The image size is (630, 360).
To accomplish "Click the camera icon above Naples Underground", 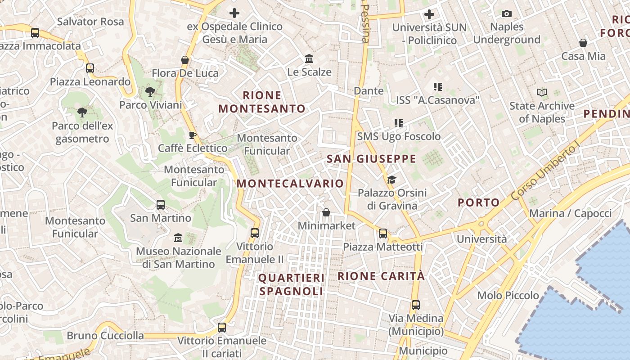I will point(507,14).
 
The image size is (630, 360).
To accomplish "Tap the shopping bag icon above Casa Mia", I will point(583,43).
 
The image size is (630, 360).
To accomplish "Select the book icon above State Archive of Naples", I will point(542,93).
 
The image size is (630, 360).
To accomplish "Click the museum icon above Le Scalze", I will point(309,59).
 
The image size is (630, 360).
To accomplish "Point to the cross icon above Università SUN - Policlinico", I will point(429,14).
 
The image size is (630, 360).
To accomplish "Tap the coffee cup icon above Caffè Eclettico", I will point(193,135).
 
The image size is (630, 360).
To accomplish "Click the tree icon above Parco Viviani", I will point(150,92).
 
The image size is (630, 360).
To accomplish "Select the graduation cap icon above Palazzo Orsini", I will point(391,180).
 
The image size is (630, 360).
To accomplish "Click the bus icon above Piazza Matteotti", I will point(383,234).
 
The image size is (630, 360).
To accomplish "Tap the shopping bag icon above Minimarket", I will point(326,212).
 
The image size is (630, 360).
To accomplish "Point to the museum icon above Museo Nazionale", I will point(178,238).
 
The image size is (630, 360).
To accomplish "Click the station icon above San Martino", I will point(161,205).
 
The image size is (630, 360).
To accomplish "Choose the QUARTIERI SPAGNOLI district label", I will point(291,284).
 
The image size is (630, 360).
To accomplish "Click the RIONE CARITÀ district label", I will point(381,276).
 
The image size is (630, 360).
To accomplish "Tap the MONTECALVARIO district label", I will point(290,184).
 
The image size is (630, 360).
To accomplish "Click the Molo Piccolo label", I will point(508,296).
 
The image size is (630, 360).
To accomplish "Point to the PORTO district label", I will point(478,202).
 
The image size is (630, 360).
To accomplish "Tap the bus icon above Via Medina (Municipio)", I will point(416,305).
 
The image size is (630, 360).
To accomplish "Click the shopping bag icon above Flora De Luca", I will point(184,60).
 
